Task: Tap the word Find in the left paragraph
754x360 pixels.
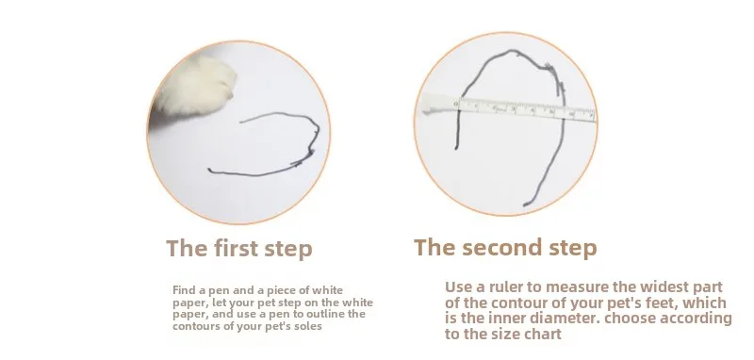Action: click(x=183, y=290)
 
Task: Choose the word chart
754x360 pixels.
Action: click(x=544, y=335)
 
